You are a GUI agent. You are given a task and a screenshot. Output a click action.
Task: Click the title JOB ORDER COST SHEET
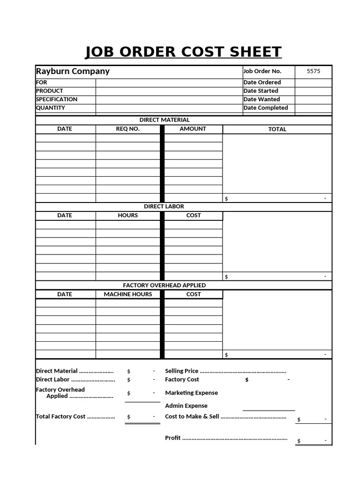pos(183,52)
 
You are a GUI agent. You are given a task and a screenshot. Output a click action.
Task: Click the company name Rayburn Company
pos(73,71)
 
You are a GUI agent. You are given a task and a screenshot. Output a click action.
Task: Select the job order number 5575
pos(313,71)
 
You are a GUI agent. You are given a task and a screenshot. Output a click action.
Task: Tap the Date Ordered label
pos(262,82)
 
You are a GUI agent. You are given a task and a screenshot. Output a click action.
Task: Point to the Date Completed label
pos(265,108)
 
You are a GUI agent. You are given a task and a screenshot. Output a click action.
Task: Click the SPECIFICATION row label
pos(57,99)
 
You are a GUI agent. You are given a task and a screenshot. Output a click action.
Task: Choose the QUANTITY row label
pos(51,108)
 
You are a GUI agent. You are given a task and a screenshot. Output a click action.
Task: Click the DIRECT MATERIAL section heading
pos(165,120)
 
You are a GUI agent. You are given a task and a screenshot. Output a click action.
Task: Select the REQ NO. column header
pos(128,129)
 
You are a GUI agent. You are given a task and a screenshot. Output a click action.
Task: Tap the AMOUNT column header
pos(193,129)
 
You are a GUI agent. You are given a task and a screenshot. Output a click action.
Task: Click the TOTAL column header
pos(277,129)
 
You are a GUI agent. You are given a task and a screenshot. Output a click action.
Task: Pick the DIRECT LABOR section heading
pos(164,206)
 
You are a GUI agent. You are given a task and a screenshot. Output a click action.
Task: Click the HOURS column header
pos(128,216)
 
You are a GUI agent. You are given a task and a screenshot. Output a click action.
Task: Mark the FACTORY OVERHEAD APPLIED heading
pos(164,285)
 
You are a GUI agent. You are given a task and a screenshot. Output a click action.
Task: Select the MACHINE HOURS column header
pos(128,294)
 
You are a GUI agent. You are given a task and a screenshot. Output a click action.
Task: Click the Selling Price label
pos(181,371)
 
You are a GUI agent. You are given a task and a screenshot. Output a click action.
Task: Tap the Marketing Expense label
pos(191,393)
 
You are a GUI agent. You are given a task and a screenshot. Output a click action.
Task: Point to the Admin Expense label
pos(186,406)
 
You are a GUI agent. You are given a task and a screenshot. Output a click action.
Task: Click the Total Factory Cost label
pos(60,417)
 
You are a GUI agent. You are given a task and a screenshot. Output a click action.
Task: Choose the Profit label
pos(172,438)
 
